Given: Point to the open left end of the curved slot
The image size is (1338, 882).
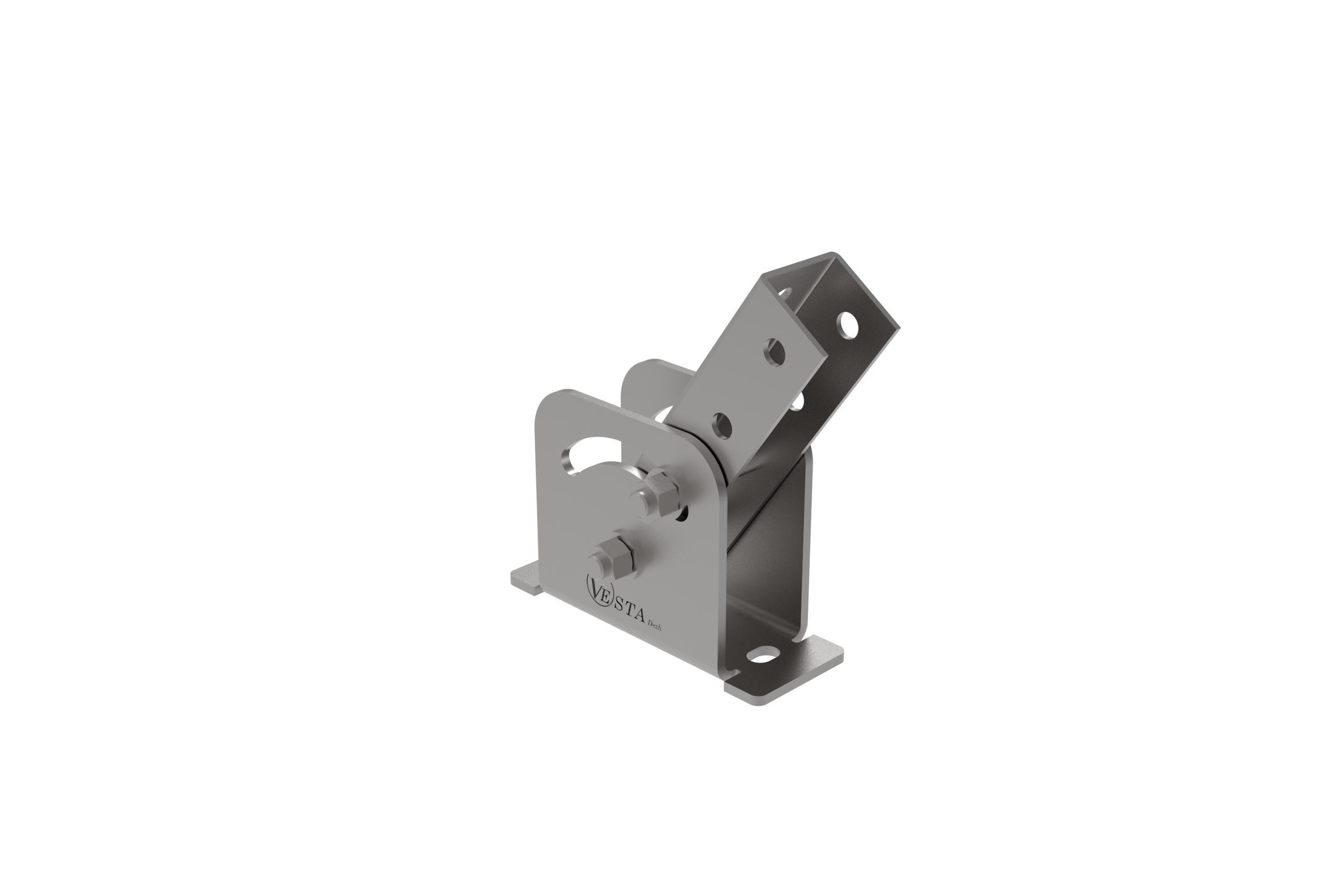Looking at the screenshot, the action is [569, 460].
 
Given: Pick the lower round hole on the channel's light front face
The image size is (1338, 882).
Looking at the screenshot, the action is [722, 425].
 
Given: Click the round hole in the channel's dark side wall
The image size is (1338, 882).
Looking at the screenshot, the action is [847, 325].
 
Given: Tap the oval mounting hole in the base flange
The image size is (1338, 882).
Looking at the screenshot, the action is [763, 656].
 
